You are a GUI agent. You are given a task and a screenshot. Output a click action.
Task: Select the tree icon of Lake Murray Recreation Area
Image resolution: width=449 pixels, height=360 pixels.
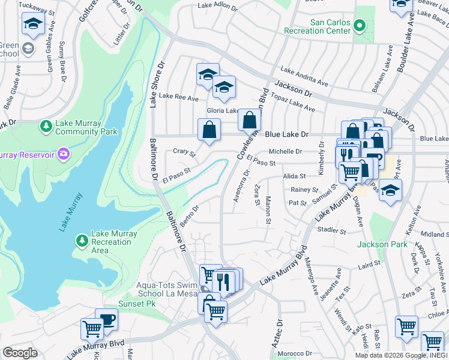82,240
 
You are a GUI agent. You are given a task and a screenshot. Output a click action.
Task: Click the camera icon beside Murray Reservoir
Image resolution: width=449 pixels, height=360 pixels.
63,155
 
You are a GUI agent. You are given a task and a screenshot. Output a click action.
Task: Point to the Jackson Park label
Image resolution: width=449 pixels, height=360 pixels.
382,244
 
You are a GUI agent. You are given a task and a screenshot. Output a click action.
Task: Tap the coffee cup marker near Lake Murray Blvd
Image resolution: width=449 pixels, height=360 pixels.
106,319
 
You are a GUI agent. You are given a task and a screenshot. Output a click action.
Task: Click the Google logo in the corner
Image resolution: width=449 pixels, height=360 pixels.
20,353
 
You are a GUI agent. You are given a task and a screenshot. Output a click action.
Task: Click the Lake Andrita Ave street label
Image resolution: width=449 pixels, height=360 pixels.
304,77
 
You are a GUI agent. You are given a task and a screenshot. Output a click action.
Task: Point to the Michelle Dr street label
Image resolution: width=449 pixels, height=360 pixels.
285,152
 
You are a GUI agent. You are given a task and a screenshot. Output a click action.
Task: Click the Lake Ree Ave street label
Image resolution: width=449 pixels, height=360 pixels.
178,97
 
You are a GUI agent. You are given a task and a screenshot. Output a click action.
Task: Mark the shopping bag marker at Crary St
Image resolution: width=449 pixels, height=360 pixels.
209,130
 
